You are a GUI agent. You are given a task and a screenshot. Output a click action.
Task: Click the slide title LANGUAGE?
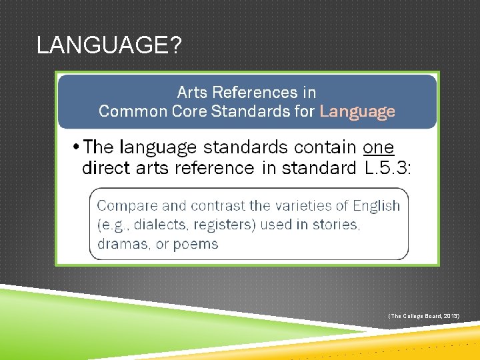[108, 45]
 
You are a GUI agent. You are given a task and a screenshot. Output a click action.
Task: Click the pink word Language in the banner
[357, 111]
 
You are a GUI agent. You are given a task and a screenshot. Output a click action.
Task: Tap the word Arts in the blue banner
[192, 92]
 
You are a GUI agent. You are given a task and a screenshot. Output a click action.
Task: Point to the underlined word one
[379, 147]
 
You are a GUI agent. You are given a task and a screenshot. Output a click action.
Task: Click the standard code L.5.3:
[389, 167]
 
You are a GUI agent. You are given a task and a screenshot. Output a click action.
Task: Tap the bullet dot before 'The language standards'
[77, 147]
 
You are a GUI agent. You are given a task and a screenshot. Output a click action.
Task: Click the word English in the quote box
[377, 205]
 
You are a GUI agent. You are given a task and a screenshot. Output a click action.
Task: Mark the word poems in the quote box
[196, 244]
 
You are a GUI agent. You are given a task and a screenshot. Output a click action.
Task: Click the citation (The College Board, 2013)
[423, 315]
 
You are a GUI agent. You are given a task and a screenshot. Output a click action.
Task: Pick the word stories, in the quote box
[337, 225]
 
